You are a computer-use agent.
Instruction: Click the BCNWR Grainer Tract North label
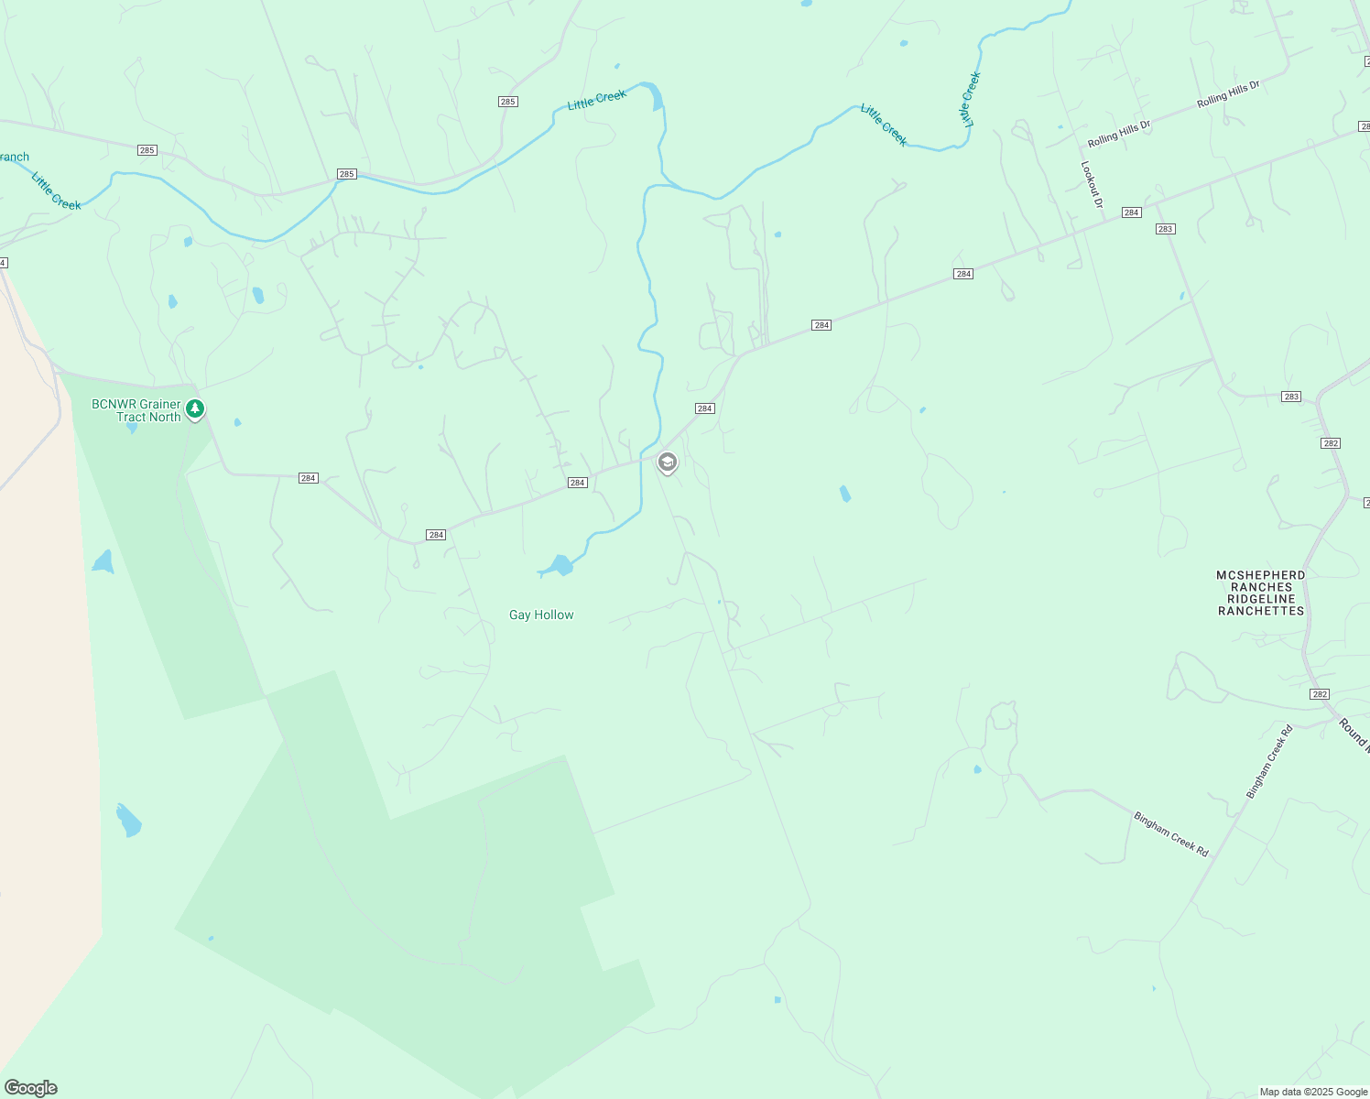pyautogui.click(x=136, y=410)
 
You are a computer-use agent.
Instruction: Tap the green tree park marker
pyautogui.click(x=194, y=408)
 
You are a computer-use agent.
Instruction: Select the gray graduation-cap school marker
pyautogui.click(x=668, y=462)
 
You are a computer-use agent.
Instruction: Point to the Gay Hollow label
pyautogui.click(x=541, y=615)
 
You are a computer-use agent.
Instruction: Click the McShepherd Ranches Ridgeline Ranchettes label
pyautogui.click(x=1261, y=593)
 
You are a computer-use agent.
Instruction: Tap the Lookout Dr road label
pyautogui.click(x=1092, y=185)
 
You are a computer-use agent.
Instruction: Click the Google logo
pyautogui.click(x=30, y=1088)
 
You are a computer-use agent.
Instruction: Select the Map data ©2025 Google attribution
pyautogui.click(x=1313, y=1092)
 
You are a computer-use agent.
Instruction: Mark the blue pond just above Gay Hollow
pyautogui.click(x=559, y=566)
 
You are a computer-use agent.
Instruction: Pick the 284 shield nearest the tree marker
pyautogui.click(x=309, y=478)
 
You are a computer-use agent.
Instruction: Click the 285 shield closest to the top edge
pyautogui.click(x=508, y=102)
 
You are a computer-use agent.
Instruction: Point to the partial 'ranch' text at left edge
pyautogui.click(x=15, y=157)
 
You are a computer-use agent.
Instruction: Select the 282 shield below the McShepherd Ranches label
pyautogui.click(x=1320, y=694)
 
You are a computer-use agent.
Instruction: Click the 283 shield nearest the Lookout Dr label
pyautogui.click(x=1165, y=229)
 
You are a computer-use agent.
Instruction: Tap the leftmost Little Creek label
pyautogui.click(x=56, y=191)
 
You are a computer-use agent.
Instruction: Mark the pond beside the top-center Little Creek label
pyautogui.click(x=656, y=97)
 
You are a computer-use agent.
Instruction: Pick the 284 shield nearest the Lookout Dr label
pyautogui.click(x=1132, y=212)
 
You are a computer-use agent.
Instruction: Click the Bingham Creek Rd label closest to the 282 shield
pyautogui.click(x=1269, y=761)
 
